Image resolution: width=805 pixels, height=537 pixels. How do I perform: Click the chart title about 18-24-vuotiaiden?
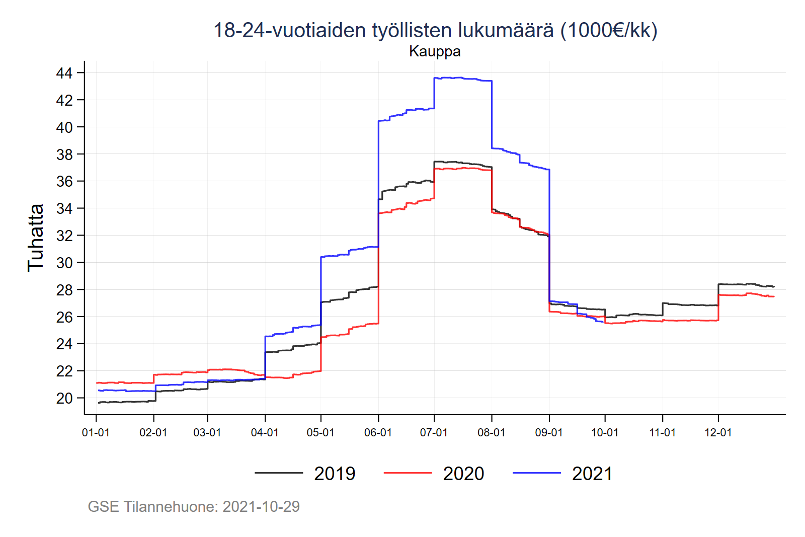point(435,30)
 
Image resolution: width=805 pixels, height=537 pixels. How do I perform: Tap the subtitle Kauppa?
point(435,51)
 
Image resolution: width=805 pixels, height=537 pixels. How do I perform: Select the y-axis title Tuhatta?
point(36,238)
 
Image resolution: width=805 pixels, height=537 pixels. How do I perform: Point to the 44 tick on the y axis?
point(64,73)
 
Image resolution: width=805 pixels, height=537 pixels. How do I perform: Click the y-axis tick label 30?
point(64,263)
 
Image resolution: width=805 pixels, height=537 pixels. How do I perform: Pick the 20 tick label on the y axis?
point(64,399)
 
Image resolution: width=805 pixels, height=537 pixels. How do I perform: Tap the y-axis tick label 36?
point(64,182)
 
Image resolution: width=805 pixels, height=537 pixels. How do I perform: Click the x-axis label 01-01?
point(96,433)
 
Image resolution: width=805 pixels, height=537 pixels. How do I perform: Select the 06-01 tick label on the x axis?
point(378,433)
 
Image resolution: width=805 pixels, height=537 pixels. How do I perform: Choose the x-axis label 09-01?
point(549,433)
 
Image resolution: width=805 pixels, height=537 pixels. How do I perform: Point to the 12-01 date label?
point(718,433)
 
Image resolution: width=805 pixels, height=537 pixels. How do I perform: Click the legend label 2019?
point(335,474)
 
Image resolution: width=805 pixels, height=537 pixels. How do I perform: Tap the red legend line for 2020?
point(408,473)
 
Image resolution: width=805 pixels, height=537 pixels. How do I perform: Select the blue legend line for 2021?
point(536,473)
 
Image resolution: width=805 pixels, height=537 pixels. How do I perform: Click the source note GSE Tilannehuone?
point(194,506)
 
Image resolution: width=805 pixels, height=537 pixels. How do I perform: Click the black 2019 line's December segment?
point(745,284)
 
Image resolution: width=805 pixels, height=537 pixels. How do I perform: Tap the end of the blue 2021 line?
point(603,322)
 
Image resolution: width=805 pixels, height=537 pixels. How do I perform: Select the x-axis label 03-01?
point(207,433)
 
